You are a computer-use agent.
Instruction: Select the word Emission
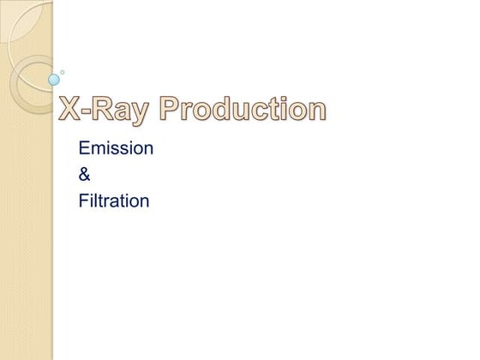pyautogui.click(x=116, y=148)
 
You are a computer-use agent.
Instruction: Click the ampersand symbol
pyautogui.click(x=84, y=175)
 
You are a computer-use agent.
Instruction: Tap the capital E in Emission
pyautogui.click(x=84, y=148)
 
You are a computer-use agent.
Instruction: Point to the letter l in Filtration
pyautogui.click(x=93, y=201)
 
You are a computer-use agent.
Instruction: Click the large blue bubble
pyautogui.click(x=54, y=80)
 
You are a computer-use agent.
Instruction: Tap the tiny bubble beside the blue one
pyautogui.click(x=62, y=72)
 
